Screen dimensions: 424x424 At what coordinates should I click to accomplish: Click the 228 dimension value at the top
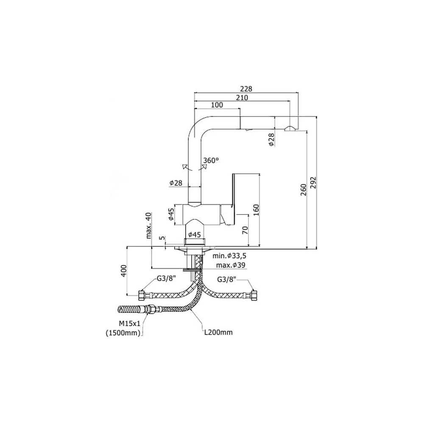pos(246,89)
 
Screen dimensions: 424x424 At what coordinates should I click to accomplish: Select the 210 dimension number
pos(242,98)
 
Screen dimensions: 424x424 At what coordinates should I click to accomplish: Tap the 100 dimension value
pos(217,105)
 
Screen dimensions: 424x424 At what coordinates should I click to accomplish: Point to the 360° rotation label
pos(211,160)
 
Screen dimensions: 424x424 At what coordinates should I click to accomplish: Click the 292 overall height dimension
pos(313,183)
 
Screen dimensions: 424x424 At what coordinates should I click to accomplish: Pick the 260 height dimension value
pos(304,190)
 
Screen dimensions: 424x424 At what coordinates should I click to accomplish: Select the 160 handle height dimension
pos(256,210)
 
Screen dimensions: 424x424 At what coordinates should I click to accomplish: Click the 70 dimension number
pos(245,230)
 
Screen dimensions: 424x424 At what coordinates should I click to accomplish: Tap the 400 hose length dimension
pos(123,271)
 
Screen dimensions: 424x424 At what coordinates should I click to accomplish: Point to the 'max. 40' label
pos(148,226)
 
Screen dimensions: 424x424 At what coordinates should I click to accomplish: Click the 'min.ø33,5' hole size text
pos(229,256)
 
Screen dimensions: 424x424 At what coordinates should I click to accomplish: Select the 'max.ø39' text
pos(231,265)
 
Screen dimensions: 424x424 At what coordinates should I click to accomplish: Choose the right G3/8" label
pos(226,279)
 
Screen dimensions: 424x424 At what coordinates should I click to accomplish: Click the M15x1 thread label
pos(130,324)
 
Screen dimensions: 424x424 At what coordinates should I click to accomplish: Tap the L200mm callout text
pos(218,332)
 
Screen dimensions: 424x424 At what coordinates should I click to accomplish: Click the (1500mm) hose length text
pos(123,333)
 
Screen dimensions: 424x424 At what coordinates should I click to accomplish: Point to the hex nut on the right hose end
pos(254,295)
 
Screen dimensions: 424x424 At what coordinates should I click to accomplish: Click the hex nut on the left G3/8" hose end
pos(142,295)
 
